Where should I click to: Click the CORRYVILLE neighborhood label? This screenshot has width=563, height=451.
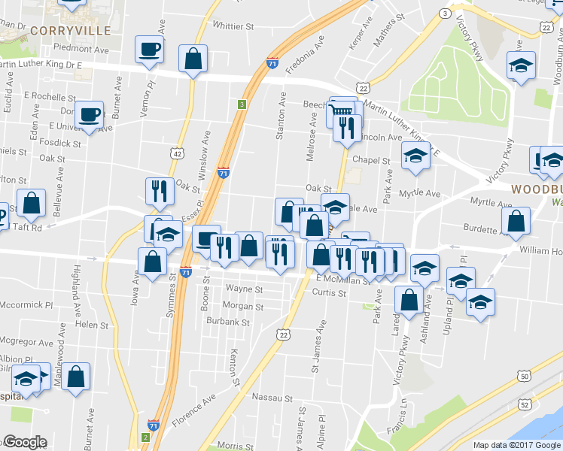(x=72, y=31)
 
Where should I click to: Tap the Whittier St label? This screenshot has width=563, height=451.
(x=233, y=26)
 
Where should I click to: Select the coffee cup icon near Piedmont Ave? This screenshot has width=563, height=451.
(x=148, y=50)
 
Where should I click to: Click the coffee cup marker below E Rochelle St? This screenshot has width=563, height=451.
(x=90, y=115)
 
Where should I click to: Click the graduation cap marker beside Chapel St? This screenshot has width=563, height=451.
(x=414, y=157)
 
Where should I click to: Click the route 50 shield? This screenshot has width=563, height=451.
(x=524, y=376)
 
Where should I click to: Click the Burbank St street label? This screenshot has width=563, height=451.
(x=230, y=322)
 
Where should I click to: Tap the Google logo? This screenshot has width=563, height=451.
(x=25, y=442)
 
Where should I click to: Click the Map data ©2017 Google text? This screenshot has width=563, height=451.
(x=517, y=445)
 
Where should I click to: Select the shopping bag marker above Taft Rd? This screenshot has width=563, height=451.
(x=31, y=203)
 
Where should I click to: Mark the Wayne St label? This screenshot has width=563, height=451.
(x=244, y=289)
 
